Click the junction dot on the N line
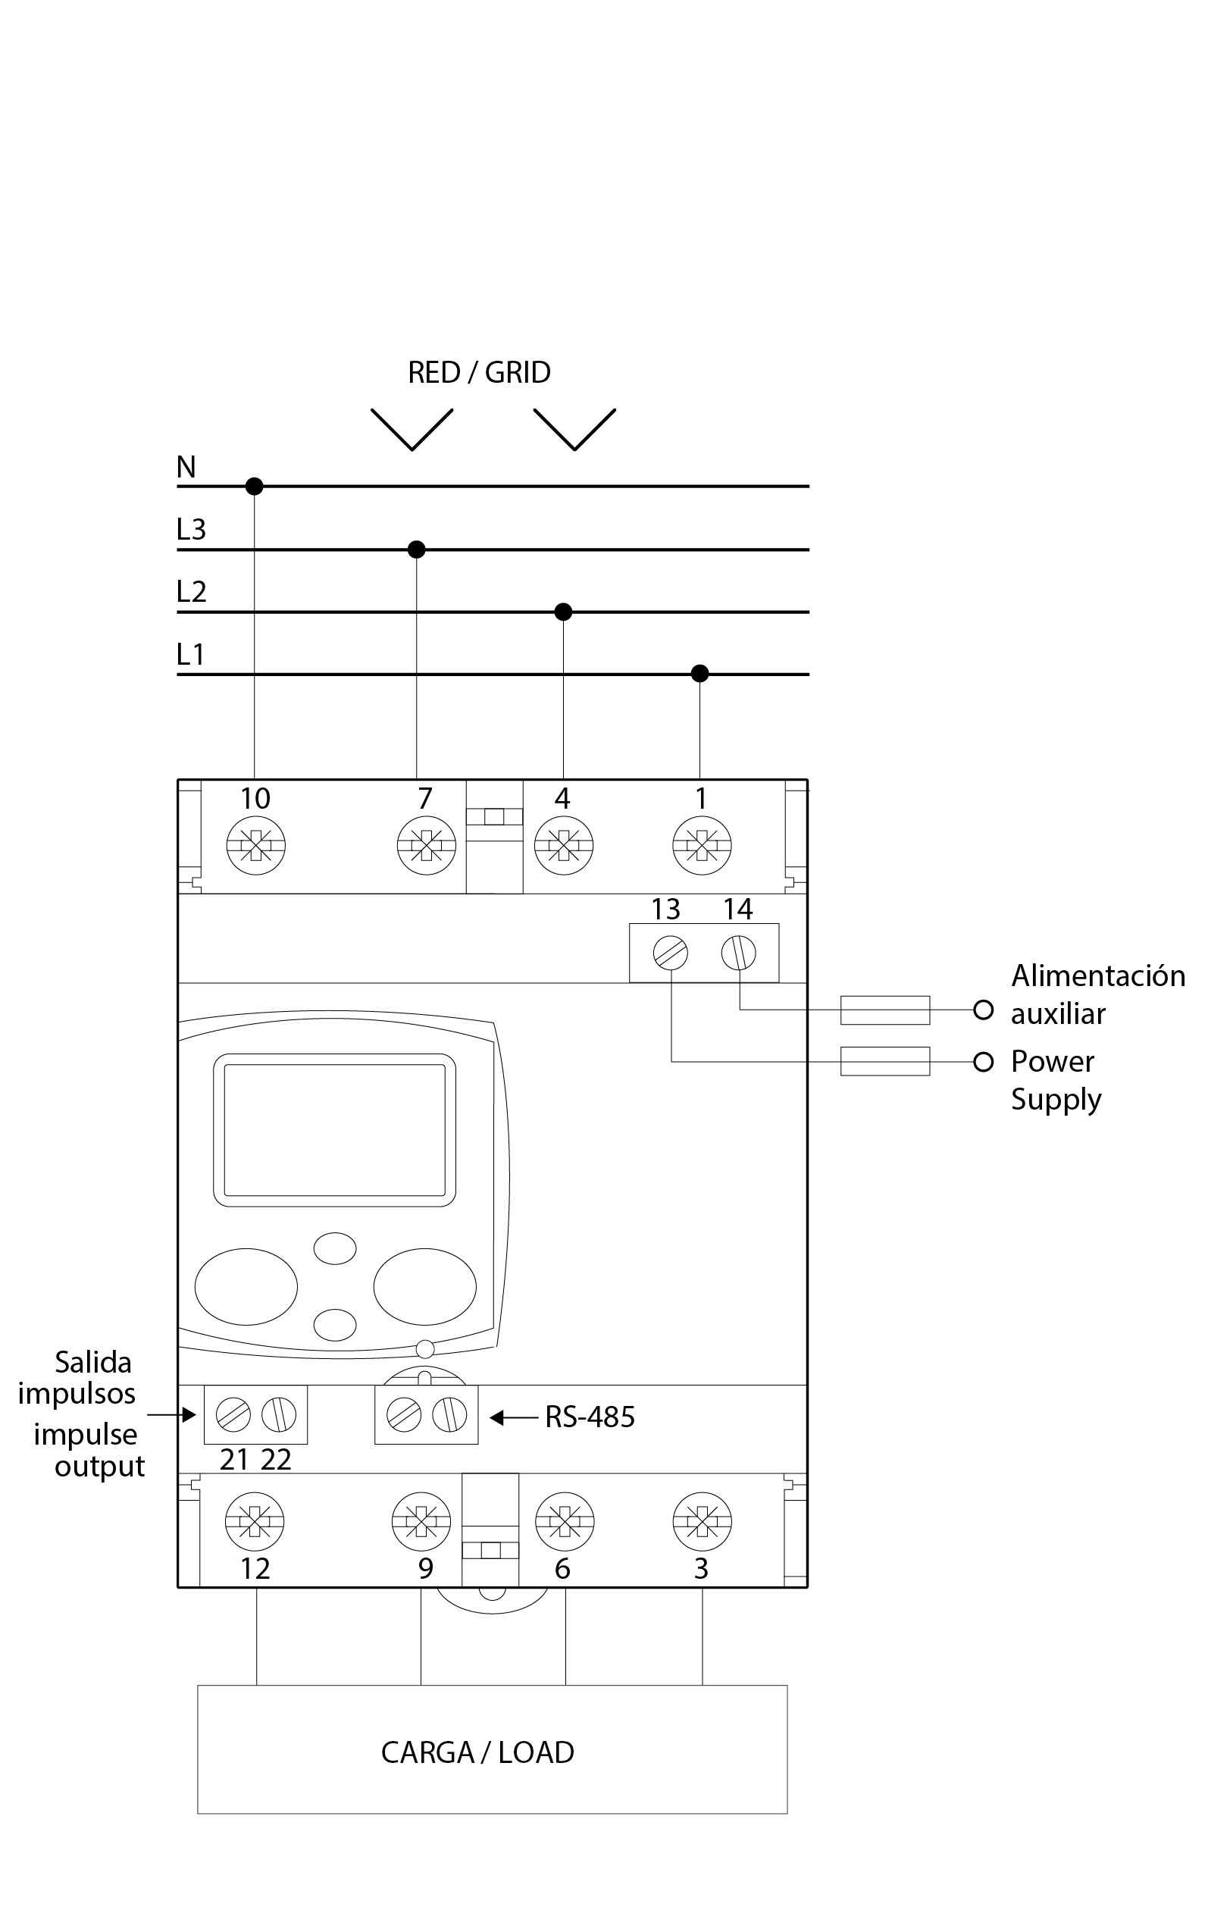coord(254,485)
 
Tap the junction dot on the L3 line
coord(416,549)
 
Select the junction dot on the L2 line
coord(563,612)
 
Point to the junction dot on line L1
coord(699,673)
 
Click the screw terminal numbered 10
coord(255,846)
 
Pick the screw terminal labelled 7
coord(426,846)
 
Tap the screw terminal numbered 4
coord(563,846)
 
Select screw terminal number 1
coord(701,846)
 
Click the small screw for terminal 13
coord(670,953)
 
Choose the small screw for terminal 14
coord(738,953)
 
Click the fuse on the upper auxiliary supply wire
coord(884,1010)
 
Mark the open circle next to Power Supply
coord(984,1062)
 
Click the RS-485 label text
coord(590,1417)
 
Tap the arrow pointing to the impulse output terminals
coord(171,1414)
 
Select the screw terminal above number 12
coord(255,1521)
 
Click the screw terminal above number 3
coord(702,1521)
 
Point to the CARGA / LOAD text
coord(477,1752)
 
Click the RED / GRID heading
coord(479,372)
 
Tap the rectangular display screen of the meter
coord(334,1129)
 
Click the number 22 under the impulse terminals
coord(276,1460)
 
